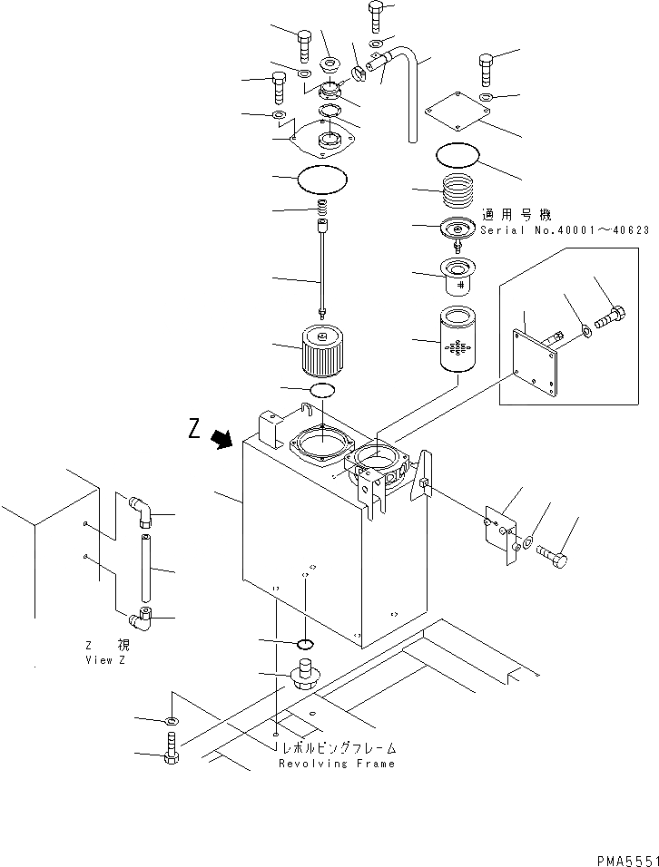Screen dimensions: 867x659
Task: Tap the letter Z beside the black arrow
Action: click(194, 430)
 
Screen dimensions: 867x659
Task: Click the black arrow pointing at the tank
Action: click(221, 440)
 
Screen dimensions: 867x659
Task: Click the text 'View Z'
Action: click(107, 660)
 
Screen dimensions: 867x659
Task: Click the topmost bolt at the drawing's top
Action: click(376, 15)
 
